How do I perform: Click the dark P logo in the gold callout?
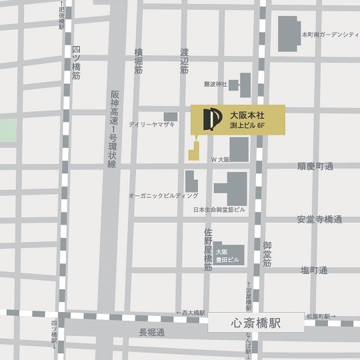point(207,119)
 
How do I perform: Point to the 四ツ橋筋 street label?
point(77,63)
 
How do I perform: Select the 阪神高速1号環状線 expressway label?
point(114,129)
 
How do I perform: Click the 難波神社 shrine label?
point(216,85)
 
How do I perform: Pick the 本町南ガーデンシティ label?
point(330,33)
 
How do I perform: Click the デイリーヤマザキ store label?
point(153,125)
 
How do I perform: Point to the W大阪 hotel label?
point(221,160)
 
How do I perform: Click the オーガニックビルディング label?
point(164,196)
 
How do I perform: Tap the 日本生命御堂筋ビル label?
point(219,209)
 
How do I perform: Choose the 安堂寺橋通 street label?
point(320,219)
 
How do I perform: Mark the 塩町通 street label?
point(314,270)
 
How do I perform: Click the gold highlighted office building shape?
point(193,150)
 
